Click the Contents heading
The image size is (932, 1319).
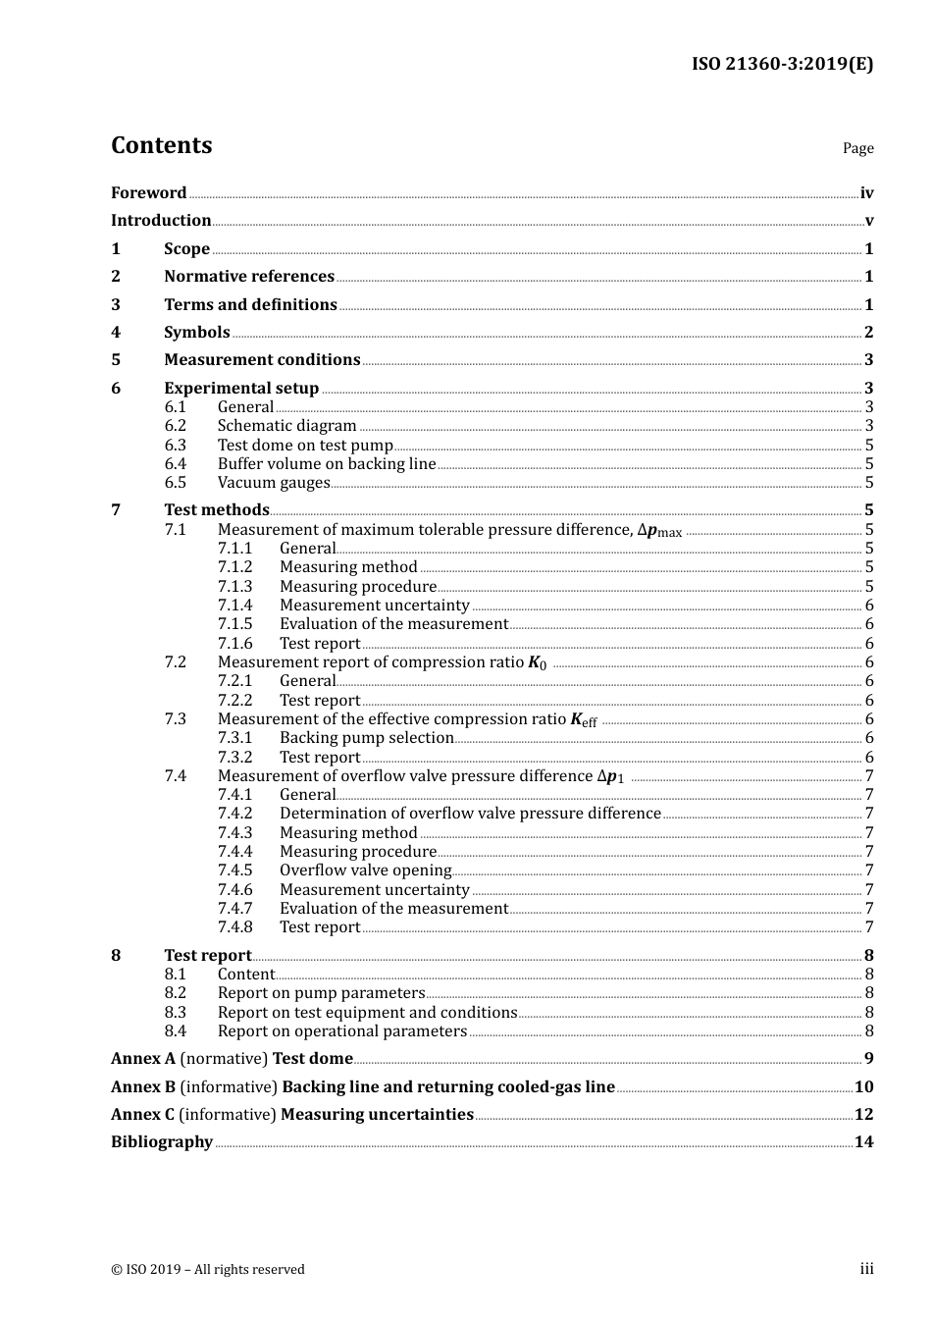[x=161, y=145]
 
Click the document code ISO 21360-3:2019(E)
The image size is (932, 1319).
[x=782, y=65]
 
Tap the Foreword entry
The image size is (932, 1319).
[x=148, y=193]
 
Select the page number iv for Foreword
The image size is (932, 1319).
[x=866, y=193]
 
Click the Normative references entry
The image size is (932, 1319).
[x=249, y=277]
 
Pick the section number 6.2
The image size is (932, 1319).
[x=175, y=426]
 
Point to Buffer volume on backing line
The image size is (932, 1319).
[x=327, y=464]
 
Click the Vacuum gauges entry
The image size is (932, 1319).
[x=274, y=483]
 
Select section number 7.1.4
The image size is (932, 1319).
[x=234, y=606]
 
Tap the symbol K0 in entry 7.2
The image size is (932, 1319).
[x=537, y=663]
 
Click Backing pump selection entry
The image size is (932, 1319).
[x=367, y=738]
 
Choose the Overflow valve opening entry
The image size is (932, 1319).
[x=366, y=871]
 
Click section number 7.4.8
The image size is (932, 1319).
[x=234, y=927]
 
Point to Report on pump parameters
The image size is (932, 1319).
[x=321, y=993]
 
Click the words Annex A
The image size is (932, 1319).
[x=143, y=1059]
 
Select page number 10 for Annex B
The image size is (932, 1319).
[x=863, y=1087]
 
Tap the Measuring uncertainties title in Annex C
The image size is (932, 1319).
[x=377, y=1115]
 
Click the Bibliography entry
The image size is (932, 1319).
[x=162, y=1142]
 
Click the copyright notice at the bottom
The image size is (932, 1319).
[x=208, y=1270]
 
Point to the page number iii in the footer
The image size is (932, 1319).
[x=866, y=1269]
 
